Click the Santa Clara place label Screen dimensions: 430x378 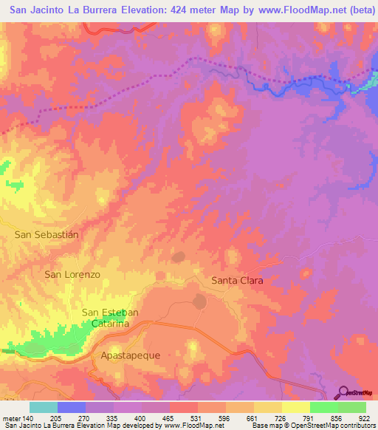(237, 281)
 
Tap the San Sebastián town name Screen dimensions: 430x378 (47, 234)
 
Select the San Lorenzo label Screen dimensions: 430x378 (72, 274)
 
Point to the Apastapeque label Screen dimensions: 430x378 (130, 355)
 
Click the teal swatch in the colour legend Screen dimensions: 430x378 (44, 407)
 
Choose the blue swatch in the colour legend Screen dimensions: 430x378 (72, 407)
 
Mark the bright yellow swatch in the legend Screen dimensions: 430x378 (295, 407)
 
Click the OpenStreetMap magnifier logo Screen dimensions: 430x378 (343, 393)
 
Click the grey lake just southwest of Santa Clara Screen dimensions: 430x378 (199, 302)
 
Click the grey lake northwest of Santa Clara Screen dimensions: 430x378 (178, 258)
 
